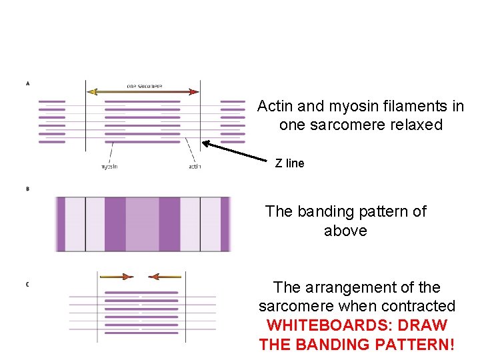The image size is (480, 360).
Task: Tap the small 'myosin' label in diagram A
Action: coord(109,167)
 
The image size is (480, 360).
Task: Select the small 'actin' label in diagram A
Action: coord(195,167)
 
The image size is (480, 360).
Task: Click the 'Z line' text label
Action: coord(289,163)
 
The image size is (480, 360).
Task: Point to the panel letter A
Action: coord(27,83)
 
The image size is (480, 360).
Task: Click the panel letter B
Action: coord(27,189)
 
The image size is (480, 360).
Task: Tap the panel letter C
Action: coord(27,285)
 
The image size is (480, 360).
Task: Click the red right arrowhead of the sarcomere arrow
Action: coord(194,91)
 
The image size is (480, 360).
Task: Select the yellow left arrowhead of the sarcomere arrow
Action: coord(92,91)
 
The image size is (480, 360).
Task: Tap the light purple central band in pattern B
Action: coord(142,224)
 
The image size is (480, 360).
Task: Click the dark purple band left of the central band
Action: coord(115,224)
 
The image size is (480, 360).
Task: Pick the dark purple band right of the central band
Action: coord(169,224)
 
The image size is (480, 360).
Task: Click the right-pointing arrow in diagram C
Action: coord(116,276)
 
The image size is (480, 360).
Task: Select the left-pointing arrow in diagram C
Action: coord(164,276)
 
